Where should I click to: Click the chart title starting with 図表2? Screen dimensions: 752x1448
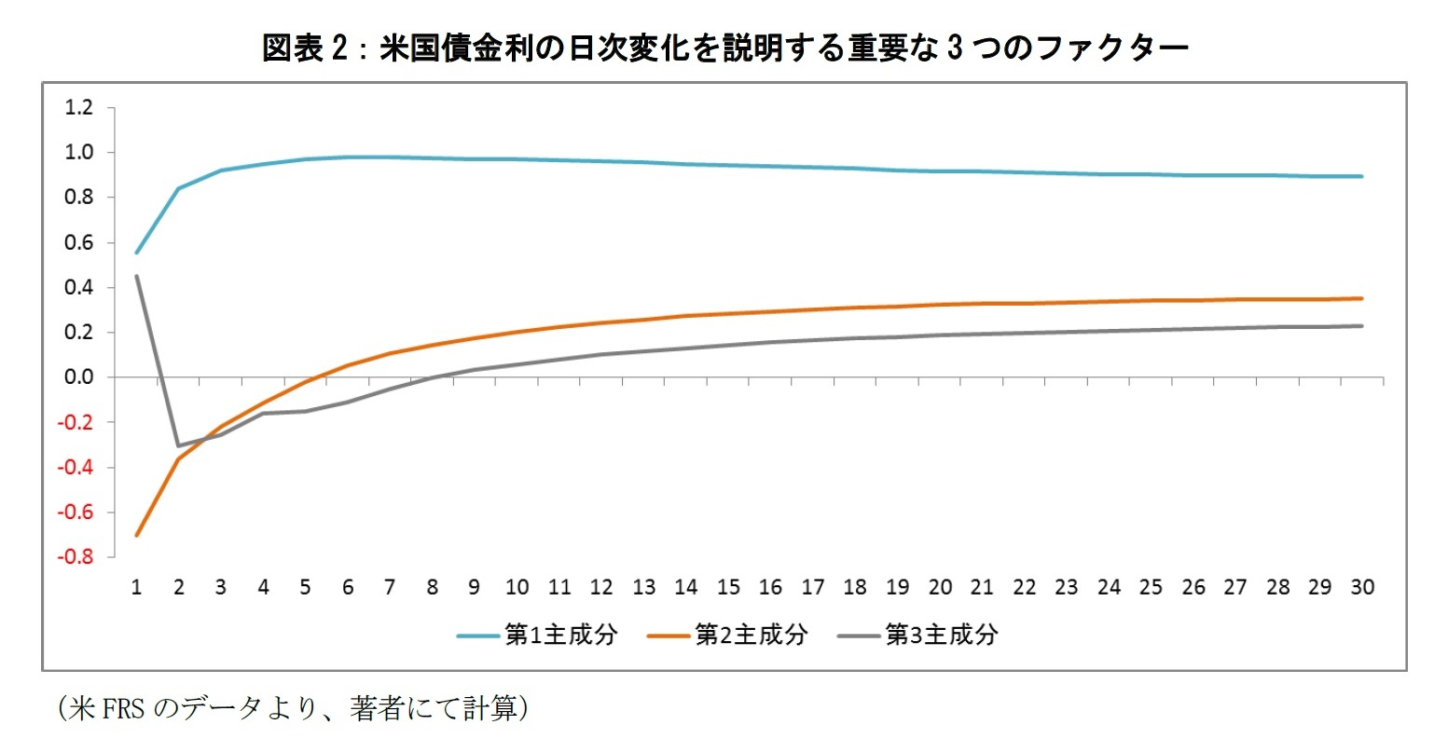724,48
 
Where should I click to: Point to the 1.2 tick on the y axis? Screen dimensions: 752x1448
79,108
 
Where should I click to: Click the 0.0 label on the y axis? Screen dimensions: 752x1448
79,377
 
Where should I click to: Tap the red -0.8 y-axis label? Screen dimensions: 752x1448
76,557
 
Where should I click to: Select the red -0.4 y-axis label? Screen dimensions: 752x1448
76,468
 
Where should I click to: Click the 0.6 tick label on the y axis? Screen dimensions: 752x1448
79,243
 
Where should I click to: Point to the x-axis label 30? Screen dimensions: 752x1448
1362,587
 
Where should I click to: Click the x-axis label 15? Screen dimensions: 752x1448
728,587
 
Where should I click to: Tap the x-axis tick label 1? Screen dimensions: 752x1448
136,587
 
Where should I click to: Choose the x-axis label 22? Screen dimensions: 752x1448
1024,587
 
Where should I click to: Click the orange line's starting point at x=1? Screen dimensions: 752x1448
136,535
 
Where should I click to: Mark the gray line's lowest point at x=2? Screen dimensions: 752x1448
179,445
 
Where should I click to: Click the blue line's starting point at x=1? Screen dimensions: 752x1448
136,253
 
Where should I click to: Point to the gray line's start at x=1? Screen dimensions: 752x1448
136,276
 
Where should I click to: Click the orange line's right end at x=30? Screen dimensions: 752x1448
1362,298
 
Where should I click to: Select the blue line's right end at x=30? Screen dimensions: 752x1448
1362,176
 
